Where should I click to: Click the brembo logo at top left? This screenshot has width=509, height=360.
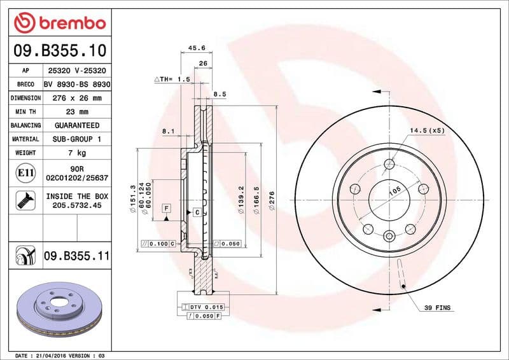[x=59, y=22]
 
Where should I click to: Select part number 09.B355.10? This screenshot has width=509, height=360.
[x=59, y=50]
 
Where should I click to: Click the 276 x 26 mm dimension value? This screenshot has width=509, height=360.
[x=76, y=98]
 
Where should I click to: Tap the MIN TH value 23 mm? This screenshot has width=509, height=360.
[x=76, y=112]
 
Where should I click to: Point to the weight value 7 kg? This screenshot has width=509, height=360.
[x=76, y=153]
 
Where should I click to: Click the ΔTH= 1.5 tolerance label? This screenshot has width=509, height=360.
[x=172, y=79]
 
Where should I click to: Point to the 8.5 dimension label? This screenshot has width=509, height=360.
[x=220, y=93]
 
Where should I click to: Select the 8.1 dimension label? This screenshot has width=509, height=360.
[x=169, y=131]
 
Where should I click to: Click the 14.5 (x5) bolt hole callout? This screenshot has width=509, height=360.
[x=427, y=130]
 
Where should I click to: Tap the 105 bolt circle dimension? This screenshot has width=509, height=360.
[x=394, y=191]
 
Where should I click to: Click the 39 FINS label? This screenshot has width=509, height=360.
[x=437, y=308]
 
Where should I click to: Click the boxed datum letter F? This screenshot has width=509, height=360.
[x=166, y=208]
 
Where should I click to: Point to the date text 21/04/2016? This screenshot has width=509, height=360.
[x=57, y=355]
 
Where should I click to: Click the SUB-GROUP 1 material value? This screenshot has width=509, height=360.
[x=76, y=139]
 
